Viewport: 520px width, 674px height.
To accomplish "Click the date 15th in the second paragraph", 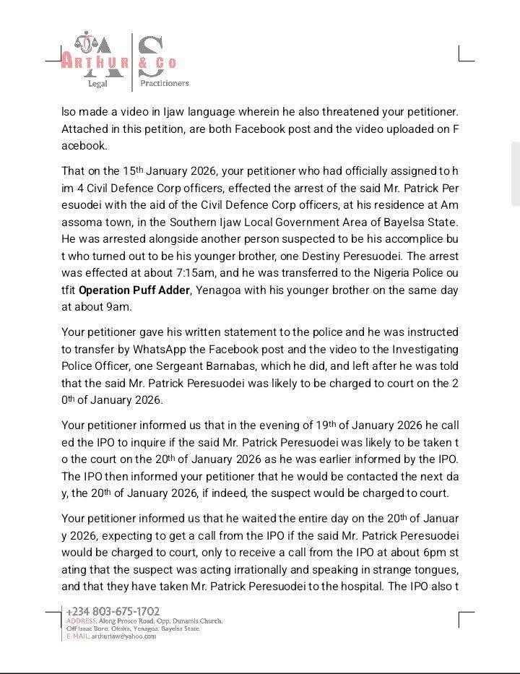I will pos(133,171).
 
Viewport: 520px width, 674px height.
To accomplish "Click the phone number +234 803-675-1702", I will pos(113,611).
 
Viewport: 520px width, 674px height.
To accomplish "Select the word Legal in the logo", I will pos(97,83).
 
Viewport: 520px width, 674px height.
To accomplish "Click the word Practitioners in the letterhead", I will pos(165,83).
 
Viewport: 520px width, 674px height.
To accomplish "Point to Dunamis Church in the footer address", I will pos(196,621).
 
